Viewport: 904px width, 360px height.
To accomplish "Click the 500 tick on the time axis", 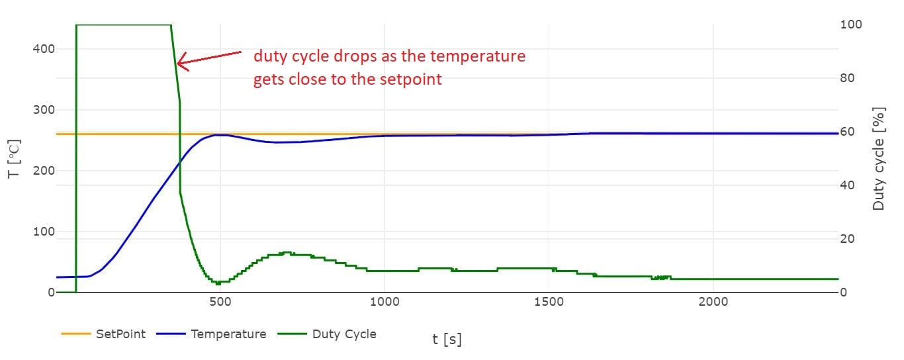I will coord(220,302).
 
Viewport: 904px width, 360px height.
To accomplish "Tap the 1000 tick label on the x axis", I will coord(384,302).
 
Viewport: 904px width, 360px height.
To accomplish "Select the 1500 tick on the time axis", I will coord(549,302).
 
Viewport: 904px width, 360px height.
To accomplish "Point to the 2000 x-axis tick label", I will coord(713,302).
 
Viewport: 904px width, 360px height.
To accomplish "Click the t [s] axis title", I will coord(447,339).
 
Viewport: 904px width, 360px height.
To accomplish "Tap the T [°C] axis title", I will coord(15,159).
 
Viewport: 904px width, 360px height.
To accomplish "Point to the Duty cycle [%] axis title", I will coord(879,159).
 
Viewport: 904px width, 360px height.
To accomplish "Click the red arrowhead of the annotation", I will coord(180,64).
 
